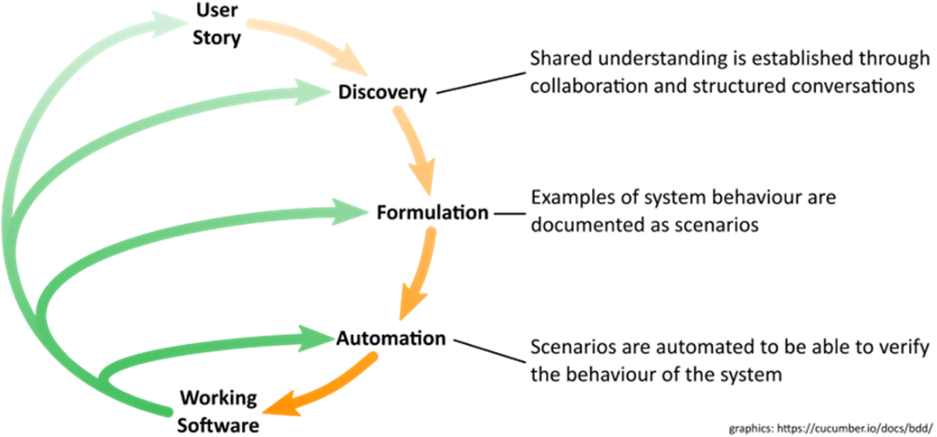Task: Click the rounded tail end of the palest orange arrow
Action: tap(250, 24)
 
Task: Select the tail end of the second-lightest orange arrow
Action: tap(397, 111)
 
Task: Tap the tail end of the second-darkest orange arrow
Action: tap(431, 232)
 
